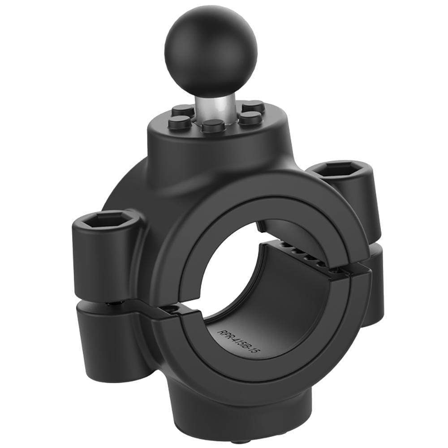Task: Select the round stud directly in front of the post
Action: click(213, 125)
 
